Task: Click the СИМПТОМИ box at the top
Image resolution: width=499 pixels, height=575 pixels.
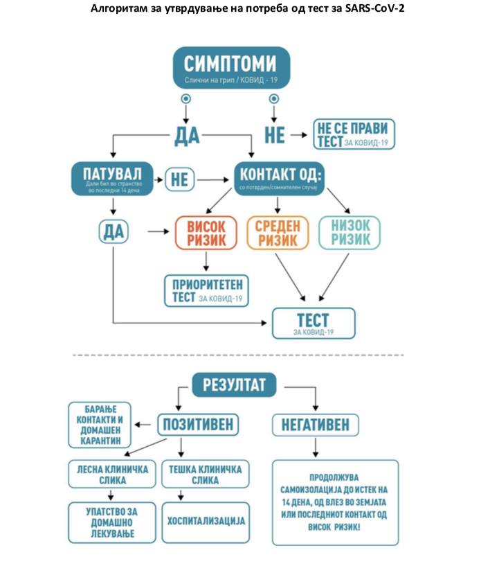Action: coord(230,67)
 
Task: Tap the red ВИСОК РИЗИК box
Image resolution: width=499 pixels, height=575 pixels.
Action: coord(206,232)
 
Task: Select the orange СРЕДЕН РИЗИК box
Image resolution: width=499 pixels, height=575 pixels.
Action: coord(276,232)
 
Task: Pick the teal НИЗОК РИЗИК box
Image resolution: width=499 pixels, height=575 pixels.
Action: coord(350,232)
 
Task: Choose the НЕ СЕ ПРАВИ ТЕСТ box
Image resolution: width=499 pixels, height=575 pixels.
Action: coord(354,134)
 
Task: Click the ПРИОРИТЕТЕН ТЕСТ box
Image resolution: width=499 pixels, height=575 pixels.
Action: coord(206,290)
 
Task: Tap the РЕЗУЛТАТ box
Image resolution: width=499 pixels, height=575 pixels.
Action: coord(234,384)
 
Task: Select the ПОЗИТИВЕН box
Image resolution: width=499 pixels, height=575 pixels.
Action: coord(199,424)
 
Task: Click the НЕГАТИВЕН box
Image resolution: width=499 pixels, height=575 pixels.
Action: coord(315,424)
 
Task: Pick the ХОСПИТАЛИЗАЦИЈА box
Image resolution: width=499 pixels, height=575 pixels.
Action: coord(206,519)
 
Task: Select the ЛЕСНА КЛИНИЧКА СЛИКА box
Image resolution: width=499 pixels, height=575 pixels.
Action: coord(111,475)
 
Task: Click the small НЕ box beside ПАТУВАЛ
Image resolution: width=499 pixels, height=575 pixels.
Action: coord(179,179)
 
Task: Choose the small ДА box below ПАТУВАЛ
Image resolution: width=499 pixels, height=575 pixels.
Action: coord(114,232)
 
